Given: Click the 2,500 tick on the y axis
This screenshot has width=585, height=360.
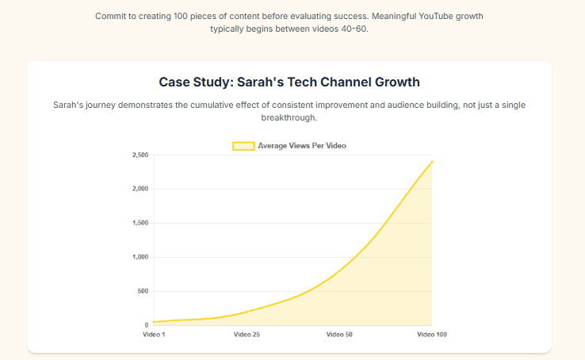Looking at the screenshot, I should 140,155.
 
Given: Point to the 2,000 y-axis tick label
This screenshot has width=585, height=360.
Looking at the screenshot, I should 140,189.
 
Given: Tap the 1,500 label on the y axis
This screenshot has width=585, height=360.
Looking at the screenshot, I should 140,223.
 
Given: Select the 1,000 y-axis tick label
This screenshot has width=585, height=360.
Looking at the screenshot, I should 140,257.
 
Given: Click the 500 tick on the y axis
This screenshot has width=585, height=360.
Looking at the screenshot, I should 142,291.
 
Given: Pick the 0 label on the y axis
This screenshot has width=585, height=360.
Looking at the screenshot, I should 146,325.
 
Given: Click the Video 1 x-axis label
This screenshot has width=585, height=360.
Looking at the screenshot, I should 154,335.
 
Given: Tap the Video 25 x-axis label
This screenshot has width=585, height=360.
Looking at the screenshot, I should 247,335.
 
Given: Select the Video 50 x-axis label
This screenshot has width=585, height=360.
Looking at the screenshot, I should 339,335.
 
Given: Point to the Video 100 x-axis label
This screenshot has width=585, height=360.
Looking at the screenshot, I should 432,335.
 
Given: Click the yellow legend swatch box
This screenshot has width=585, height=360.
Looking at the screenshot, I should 243,146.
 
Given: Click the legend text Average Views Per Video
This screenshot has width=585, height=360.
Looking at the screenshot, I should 302,146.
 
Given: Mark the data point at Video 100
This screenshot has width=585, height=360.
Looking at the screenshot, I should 432,162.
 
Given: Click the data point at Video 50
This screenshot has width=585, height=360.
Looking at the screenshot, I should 339,271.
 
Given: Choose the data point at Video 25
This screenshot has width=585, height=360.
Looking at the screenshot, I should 247,312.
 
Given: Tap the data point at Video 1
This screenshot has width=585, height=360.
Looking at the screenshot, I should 154,322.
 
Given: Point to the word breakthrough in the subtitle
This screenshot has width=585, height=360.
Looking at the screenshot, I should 289,117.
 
